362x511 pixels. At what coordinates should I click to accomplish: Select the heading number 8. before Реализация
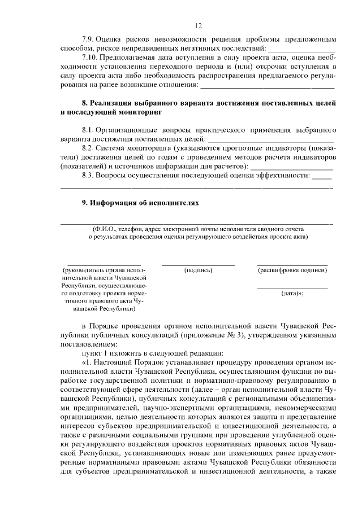point(85,104)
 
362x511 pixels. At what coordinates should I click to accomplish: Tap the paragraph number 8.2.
point(88,148)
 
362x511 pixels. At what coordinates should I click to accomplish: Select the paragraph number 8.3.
point(88,176)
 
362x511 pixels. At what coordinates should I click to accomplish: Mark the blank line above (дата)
point(292,289)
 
